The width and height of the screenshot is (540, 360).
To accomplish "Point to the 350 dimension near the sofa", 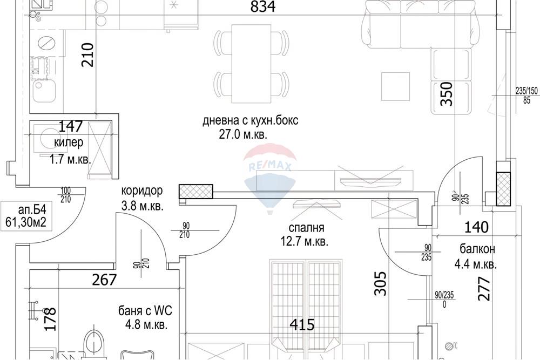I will pyautogui.click(x=447, y=94).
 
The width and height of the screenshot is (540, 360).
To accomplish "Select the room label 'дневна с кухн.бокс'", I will pyautogui.click(x=250, y=121).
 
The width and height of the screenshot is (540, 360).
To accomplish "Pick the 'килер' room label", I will pyautogui.click(x=69, y=142).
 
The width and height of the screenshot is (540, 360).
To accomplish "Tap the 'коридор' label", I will pyautogui.click(x=141, y=191).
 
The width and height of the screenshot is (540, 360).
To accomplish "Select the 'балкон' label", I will pyautogui.click(x=477, y=249).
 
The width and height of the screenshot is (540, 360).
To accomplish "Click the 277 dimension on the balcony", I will pyautogui.click(x=483, y=288).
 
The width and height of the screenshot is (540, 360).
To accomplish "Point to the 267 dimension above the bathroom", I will pyautogui.click(x=104, y=280).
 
